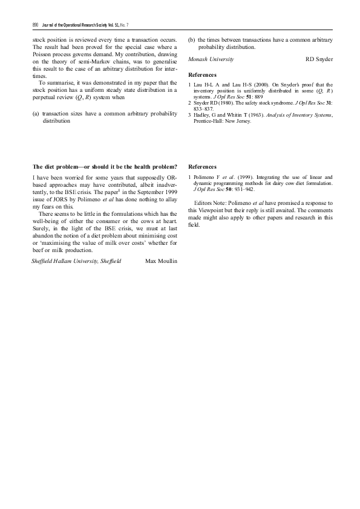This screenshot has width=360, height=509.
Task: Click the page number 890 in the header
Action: click(x=35, y=24)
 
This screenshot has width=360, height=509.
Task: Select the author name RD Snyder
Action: click(x=319, y=60)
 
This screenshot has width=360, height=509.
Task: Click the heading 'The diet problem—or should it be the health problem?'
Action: click(x=105, y=166)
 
